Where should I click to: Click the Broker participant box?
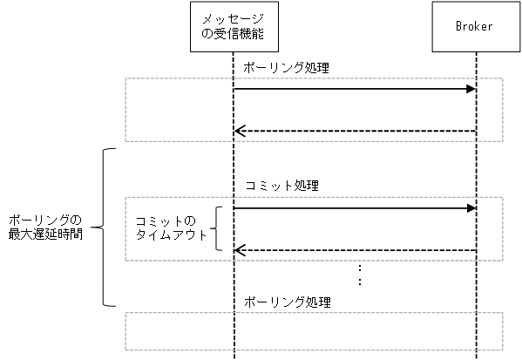(475, 27)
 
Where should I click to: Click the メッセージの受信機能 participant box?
(233, 27)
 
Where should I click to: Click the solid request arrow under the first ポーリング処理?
(353, 89)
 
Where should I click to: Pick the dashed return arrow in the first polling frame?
(353, 132)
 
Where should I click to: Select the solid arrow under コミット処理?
(353, 208)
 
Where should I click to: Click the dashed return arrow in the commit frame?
(353, 251)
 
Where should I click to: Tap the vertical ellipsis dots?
(360, 276)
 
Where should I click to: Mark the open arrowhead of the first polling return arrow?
(239, 132)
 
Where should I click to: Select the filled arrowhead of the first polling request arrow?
(471, 89)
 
